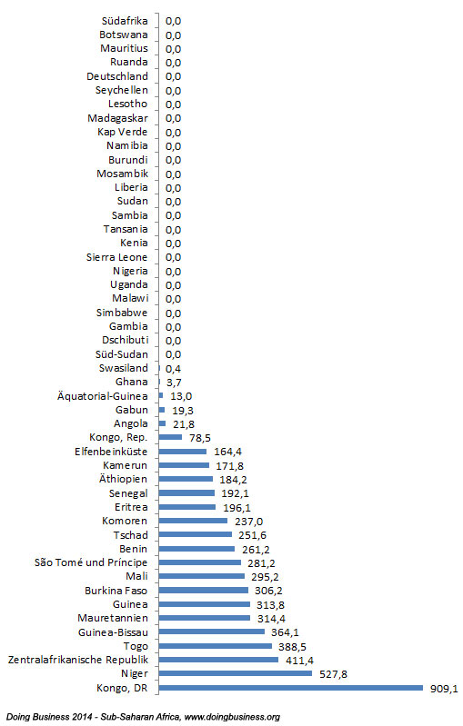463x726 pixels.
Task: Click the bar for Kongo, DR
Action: (x=291, y=687)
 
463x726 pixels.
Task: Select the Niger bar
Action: (x=236, y=673)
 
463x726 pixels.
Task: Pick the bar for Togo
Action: (x=216, y=645)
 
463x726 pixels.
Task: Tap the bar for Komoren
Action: (x=193, y=521)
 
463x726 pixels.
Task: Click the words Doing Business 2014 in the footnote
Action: (x=45, y=717)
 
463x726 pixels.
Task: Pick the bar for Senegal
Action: (x=186, y=492)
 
